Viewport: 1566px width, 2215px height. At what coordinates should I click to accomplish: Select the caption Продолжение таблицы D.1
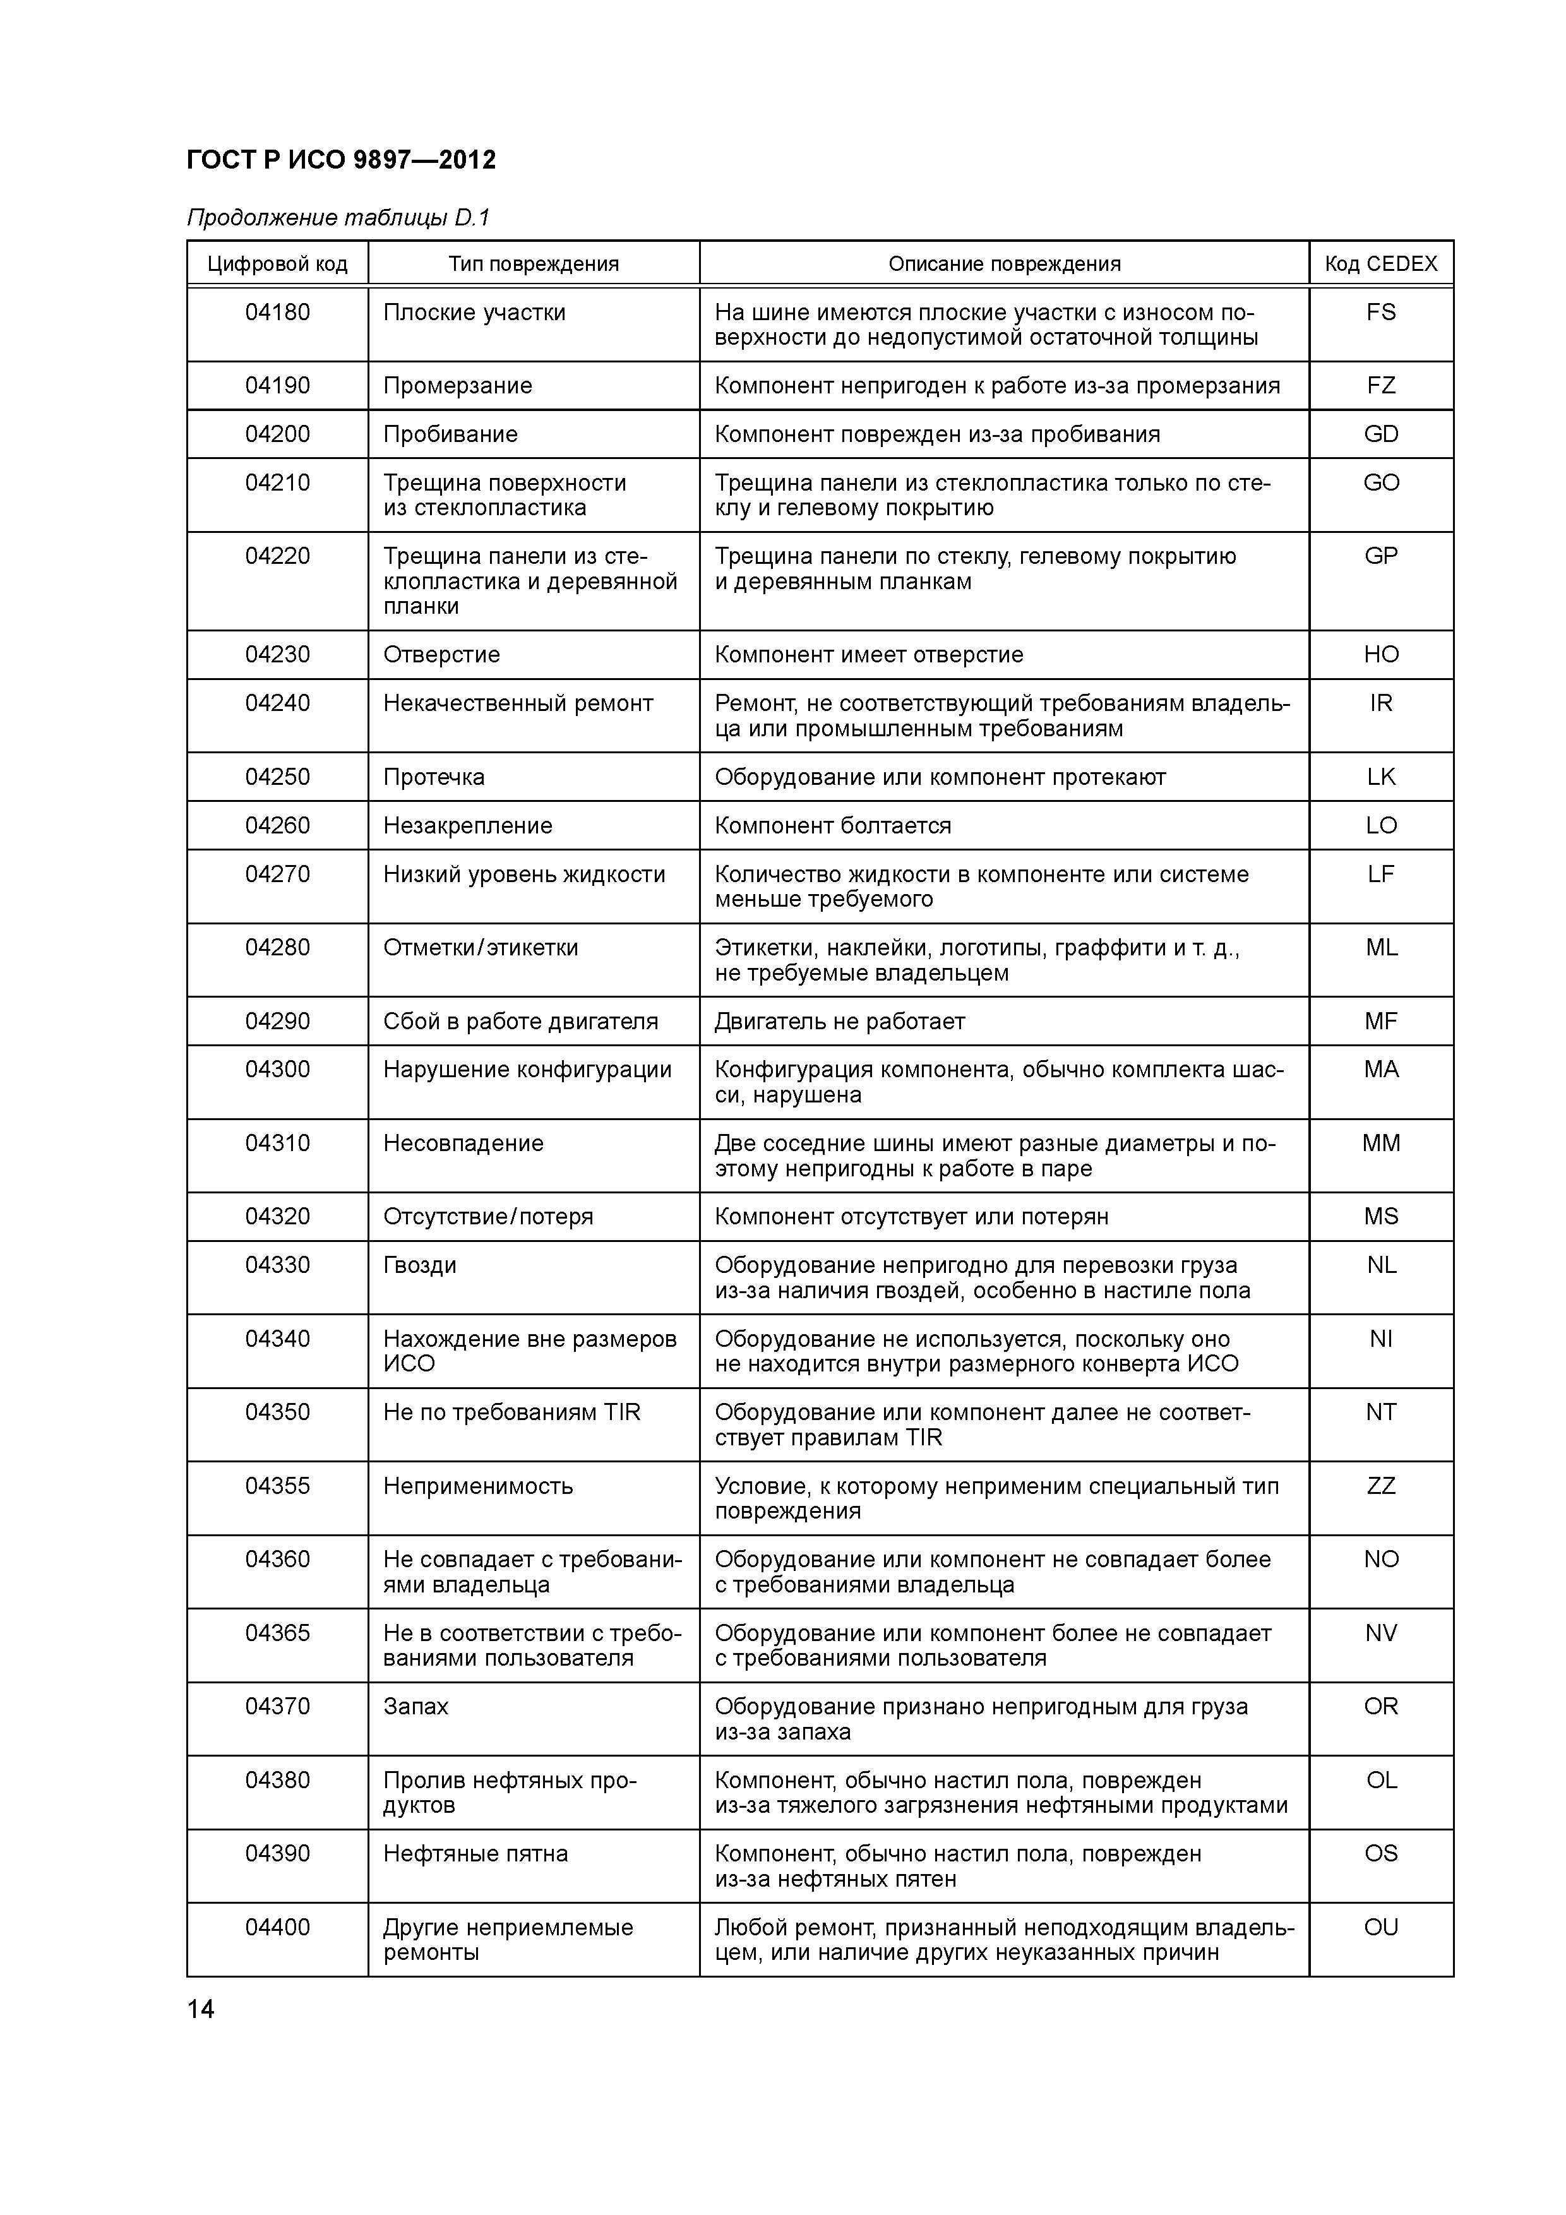tap(338, 218)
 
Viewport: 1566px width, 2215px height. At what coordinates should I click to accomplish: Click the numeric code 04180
tap(277, 313)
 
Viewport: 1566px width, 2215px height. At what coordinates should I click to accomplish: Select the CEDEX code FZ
tap(1381, 386)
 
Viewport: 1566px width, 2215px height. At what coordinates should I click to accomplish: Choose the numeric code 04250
tap(277, 777)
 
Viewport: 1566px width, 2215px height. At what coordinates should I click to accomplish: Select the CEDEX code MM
tap(1381, 1143)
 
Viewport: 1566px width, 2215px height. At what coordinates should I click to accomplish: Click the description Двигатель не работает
tap(839, 1022)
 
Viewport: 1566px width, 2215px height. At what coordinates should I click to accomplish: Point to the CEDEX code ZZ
tap(1381, 1486)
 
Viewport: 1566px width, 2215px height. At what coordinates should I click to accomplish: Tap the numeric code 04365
tap(277, 1633)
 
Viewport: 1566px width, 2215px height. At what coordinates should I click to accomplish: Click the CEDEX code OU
tap(1381, 1928)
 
